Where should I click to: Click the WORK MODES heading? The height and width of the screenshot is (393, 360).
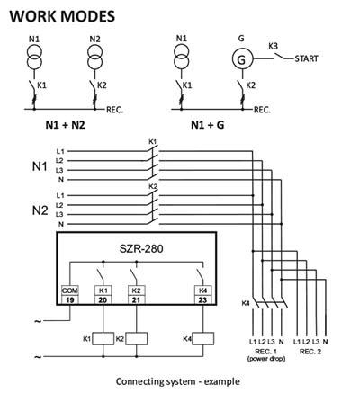tap(62, 16)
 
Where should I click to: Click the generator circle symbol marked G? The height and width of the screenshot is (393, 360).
tap(241, 59)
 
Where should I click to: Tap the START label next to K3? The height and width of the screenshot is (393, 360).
tap(306, 58)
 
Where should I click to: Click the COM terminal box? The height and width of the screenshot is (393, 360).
tap(69, 290)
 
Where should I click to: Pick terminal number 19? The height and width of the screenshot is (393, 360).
tap(69, 299)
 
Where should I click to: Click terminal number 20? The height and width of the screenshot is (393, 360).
tap(103, 299)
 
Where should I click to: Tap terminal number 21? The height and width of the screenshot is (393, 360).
tap(136, 299)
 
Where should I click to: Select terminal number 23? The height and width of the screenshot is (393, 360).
tap(202, 299)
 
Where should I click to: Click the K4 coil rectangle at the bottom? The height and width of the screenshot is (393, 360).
tap(202, 338)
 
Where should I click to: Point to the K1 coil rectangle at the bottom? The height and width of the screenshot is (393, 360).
tap(103, 338)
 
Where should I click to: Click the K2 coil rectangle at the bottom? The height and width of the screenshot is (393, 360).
tap(136, 338)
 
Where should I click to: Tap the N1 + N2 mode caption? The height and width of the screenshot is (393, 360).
tap(65, 125)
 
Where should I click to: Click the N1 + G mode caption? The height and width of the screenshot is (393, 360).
tap(207, 125)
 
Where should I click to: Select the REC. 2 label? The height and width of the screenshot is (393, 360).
tap(310, 352)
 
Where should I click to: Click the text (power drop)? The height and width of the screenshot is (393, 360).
tap(266, 359)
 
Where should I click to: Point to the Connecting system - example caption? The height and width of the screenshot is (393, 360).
tap(178, 381)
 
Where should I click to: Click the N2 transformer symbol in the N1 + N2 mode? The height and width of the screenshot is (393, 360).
tap(95, 57)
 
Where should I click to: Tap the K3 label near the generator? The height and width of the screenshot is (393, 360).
tap(273, 47)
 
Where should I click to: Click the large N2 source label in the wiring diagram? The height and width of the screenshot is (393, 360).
tap(40, 210)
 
